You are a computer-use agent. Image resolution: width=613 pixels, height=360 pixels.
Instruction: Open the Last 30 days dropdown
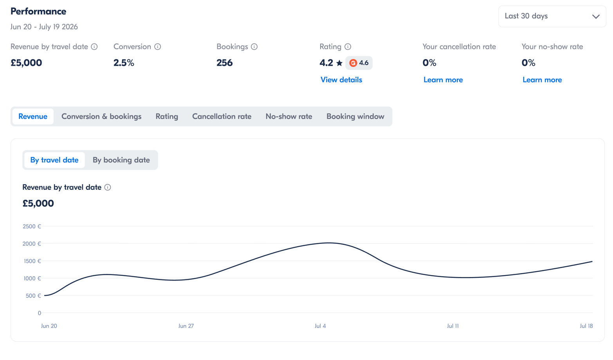coord(552,16)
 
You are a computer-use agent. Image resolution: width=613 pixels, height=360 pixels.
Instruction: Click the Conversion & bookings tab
coord(101,117)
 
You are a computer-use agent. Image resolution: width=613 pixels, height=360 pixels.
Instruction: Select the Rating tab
coord(167,117)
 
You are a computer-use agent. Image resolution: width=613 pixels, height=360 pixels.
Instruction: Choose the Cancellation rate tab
coord(222,117)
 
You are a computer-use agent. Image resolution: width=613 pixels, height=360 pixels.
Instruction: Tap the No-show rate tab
coord(289,117)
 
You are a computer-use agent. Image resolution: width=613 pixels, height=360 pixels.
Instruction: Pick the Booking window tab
coord(355,117)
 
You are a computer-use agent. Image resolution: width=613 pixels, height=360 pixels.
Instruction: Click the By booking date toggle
coord(121,160)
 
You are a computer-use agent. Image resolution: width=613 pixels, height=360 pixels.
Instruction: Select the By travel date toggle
coord(54,160)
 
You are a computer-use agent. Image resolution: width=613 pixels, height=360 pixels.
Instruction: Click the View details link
coord(341,80)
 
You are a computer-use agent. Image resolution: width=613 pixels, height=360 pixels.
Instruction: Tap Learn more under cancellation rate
coord(443,80)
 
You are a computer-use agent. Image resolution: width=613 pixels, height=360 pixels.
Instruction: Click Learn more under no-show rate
coord(542,80)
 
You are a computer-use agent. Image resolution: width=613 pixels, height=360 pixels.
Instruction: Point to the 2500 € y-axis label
coord(32,227)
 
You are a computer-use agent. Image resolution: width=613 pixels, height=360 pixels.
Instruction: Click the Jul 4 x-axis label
coord(320,326)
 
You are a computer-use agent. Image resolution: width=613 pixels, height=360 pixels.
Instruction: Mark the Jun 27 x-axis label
coord(186,326)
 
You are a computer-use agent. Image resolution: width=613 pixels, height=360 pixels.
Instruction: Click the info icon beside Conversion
coord(158,47)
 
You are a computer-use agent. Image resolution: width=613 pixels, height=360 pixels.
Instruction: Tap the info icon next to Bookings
coord(254,47)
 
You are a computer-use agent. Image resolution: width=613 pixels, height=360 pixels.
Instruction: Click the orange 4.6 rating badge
coord(359,63)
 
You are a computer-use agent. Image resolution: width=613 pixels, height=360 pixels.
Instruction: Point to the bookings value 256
coord(224,63)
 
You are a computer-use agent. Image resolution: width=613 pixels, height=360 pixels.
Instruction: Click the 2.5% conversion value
coord(124,63)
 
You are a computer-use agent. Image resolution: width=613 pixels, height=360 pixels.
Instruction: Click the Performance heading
coord(38,11)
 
